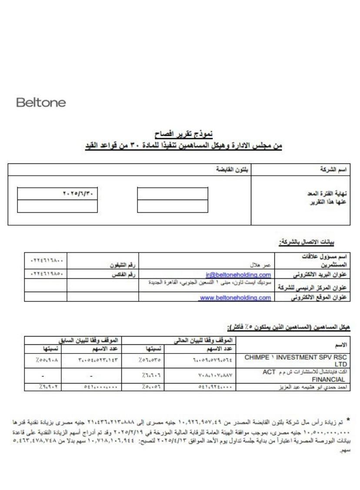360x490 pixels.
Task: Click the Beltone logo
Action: [41, 103]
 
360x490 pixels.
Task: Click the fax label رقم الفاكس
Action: [118, 274]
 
